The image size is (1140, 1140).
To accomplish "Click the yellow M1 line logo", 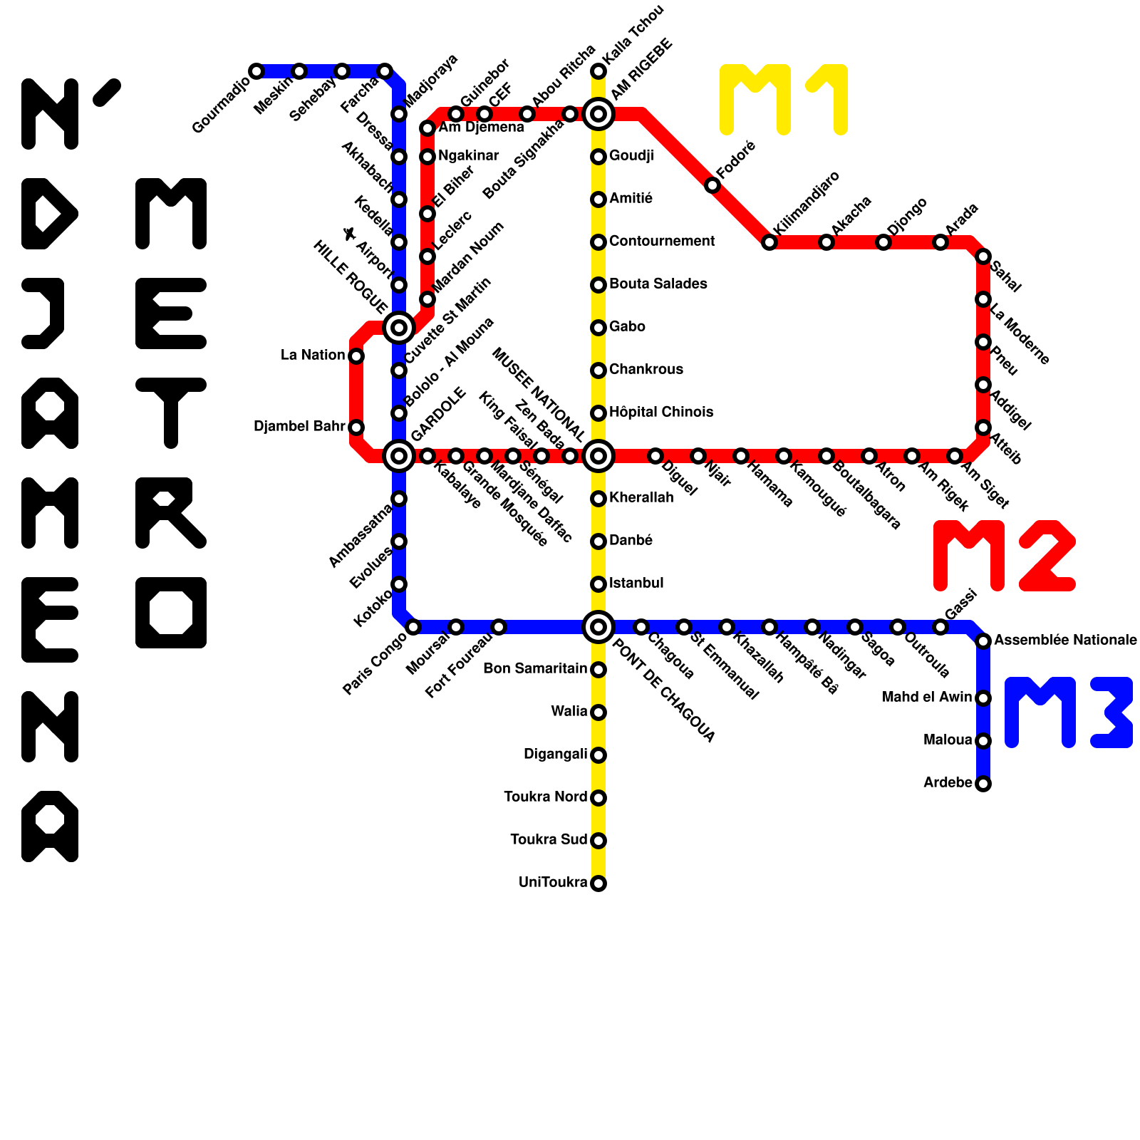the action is [784, 100].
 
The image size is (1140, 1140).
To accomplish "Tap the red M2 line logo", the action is [1003, 556].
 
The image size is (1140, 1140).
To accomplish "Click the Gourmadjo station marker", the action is [256, 71].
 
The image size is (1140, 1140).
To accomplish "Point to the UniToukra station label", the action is [553, 883].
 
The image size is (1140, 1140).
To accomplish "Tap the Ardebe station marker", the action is [983, 784].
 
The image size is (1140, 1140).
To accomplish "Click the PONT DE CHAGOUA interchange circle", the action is [598, 627].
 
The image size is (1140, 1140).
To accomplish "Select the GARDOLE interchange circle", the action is [399, 456].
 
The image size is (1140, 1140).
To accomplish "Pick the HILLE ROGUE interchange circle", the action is [399, 328].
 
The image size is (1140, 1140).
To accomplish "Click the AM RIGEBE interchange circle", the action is [598, 114].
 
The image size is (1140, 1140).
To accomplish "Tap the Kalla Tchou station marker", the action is [598, 71].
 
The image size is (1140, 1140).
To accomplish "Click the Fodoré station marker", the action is [712, 185].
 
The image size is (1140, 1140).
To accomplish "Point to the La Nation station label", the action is [313, 355].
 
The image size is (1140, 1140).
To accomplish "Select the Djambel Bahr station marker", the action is [356, 427].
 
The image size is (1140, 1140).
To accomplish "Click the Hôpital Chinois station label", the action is [661, 412].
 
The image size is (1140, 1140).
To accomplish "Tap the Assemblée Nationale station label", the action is [1065, 640].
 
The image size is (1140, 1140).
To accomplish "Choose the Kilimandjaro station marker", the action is [769, 242].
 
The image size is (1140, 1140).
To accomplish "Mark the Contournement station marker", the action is [598, 242].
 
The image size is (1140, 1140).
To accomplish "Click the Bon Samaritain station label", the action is [535, 668].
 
